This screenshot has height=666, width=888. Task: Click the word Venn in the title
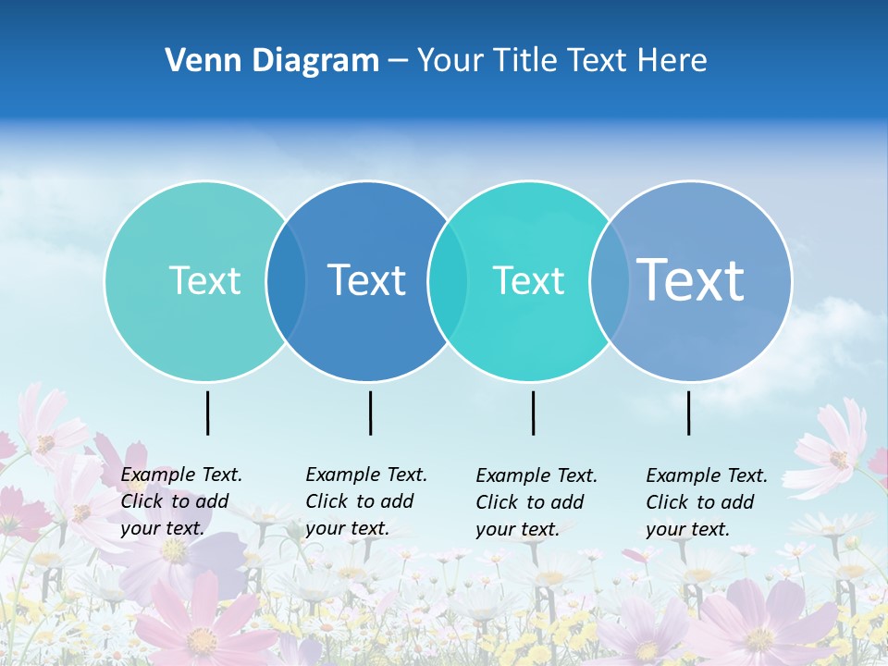(196, 61)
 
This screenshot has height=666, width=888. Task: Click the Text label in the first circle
(204, 280)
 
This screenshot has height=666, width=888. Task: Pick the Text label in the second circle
(367, 280)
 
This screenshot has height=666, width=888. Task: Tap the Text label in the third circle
(529, 280)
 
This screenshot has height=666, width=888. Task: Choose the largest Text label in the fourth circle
(691, 279)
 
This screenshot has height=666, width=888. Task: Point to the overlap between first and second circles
(286, 280)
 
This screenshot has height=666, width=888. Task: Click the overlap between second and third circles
(448, 280)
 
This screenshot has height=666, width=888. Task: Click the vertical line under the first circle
(208, 413)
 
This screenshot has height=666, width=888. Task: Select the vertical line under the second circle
(370, 413)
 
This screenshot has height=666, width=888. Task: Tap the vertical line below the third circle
(534, 413)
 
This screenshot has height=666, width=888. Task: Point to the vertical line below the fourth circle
(689, 413)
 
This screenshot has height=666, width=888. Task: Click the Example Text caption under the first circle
(181, 501)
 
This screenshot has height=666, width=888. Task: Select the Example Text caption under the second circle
(366, 501)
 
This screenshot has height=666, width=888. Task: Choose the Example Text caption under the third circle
(536, 502)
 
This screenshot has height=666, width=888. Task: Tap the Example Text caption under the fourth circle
(707, 502)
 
